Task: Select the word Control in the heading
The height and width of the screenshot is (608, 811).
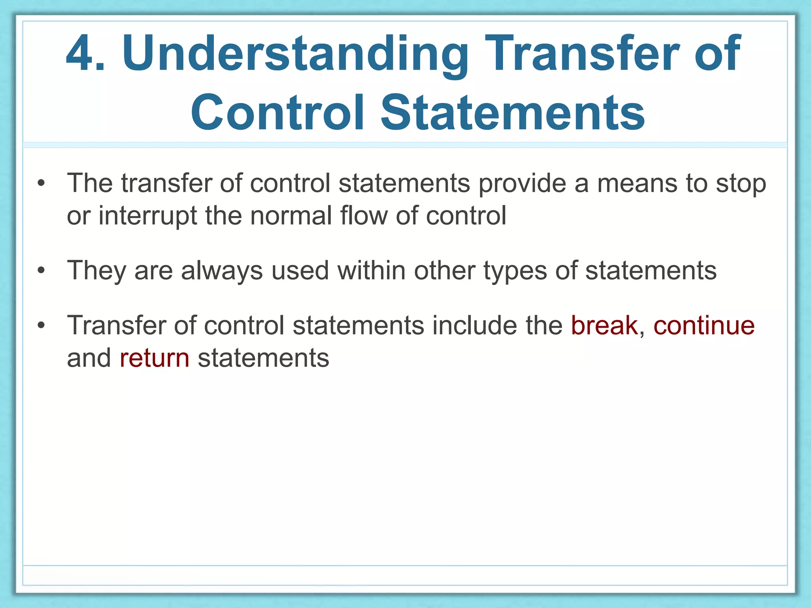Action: (x=277, y=112)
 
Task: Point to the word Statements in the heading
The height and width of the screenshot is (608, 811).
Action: (x=513, y=112)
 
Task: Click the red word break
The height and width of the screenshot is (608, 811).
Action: (x=604, y=325)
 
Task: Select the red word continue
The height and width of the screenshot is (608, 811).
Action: (x=704, y=325)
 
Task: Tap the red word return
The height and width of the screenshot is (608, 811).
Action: (x=154, y=358)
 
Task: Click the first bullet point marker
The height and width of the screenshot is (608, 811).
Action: (x=41, y=184)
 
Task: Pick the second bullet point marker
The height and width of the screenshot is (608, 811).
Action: (x=41, y=271)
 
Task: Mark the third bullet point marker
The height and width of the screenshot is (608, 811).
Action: (x=41, y=325)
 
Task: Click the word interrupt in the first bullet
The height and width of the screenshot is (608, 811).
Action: (x=148, y=216)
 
